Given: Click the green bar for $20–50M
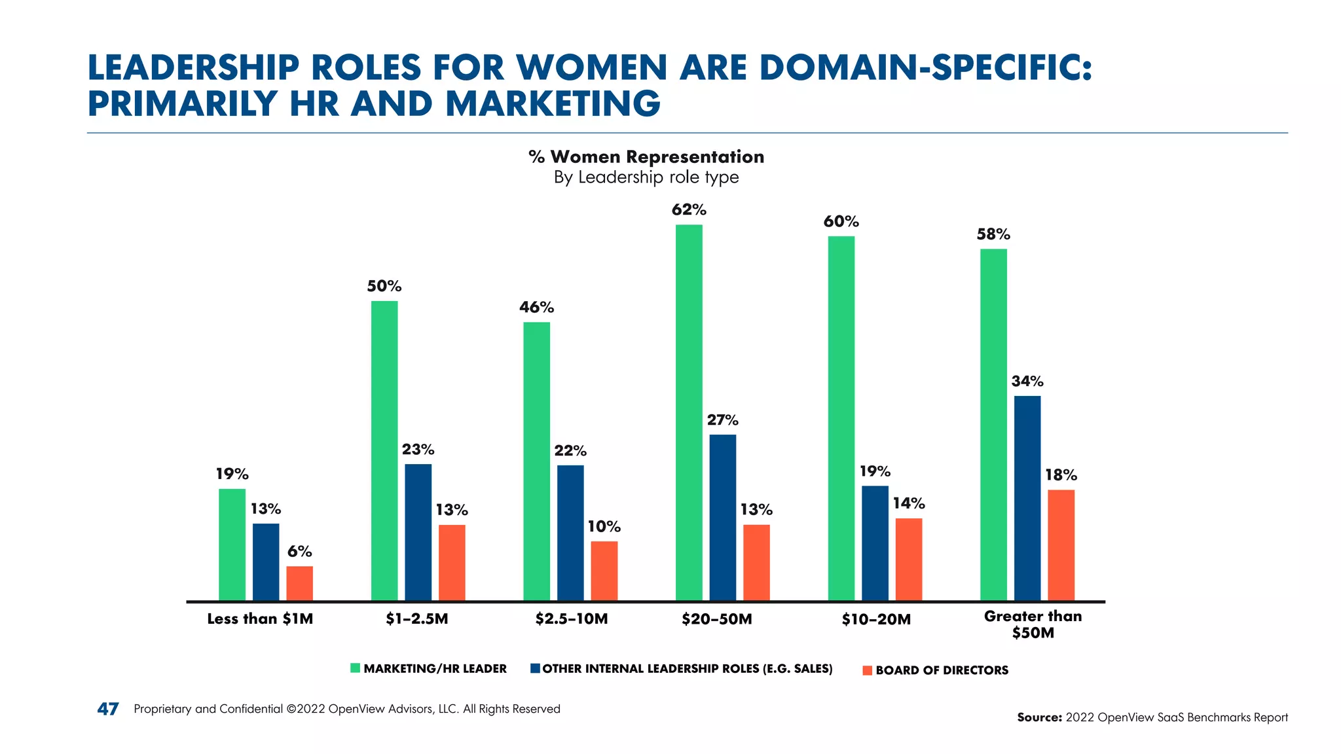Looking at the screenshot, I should tap(689, 412).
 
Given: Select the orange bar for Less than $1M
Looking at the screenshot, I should tap(299, 583).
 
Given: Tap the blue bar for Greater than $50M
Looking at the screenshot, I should tap(1027, 497).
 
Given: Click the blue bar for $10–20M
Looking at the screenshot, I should tap(875, 543).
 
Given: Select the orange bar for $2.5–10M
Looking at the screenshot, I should tap(604, 571).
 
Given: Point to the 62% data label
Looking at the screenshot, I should tap(689, 210).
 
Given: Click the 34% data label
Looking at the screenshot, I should tap(1027, 381).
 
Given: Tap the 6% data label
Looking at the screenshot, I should tap(299, 552).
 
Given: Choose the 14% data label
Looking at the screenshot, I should tap(909, 503).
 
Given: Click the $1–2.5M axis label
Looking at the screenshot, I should tap(416, 619).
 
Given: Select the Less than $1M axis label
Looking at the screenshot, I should tap(260, 619).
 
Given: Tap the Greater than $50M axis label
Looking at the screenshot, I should tap(1033, 624).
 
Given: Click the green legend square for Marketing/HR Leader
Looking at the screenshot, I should tap(355, 668).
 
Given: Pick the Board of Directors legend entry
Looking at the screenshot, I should tap(942, 670).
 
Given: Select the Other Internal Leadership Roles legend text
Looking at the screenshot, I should tap(687, 669).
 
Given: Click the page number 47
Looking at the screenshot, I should tap(108, 709).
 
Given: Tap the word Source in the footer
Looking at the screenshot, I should tap(1038, 717).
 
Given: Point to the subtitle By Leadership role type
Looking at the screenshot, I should tap(646, 177).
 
